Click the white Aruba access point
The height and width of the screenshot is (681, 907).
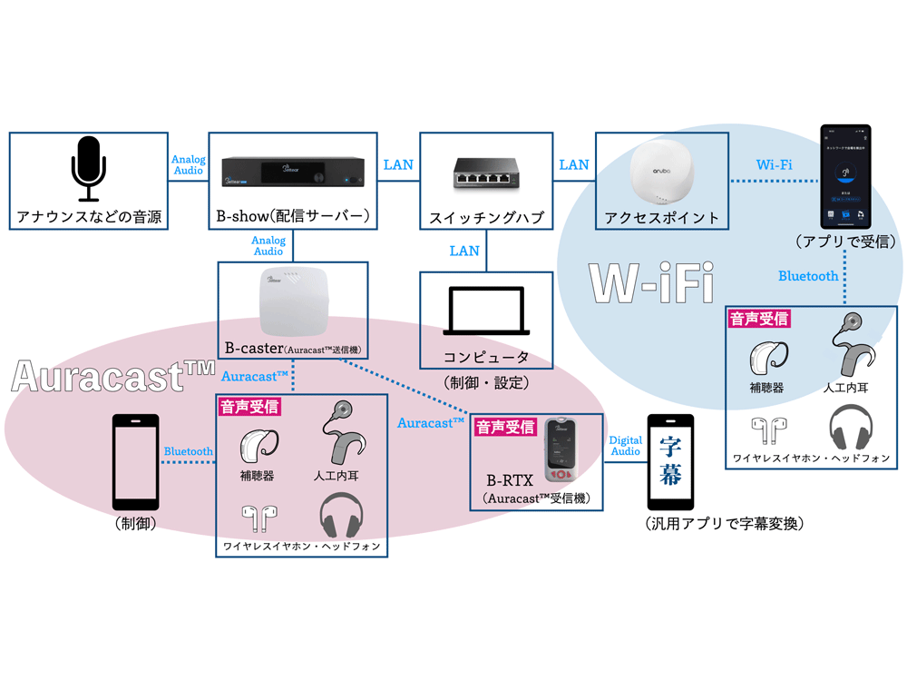point(660,173)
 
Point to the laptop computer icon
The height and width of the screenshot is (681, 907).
point(484,311)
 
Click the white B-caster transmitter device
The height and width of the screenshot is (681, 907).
point(292,301)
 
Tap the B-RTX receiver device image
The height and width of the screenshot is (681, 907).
point(561,450)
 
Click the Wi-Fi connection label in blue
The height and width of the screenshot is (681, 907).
point(774,164)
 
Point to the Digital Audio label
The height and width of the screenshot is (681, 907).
point(625,445)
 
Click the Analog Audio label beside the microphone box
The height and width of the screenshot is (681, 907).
point(188,164)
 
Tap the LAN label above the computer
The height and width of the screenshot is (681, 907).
point(463,251)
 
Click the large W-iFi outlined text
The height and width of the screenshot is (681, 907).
point(650,283)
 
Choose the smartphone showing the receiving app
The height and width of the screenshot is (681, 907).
point(845,176)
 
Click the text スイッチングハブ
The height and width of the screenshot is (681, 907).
point(484,218)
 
